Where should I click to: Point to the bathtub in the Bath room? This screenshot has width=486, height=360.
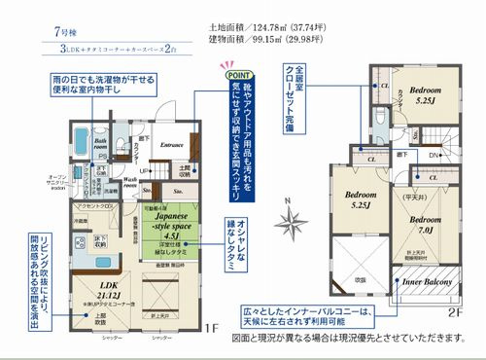click(x=82, y=136)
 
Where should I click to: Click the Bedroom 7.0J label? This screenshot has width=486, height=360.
click(x=425, y=214)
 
